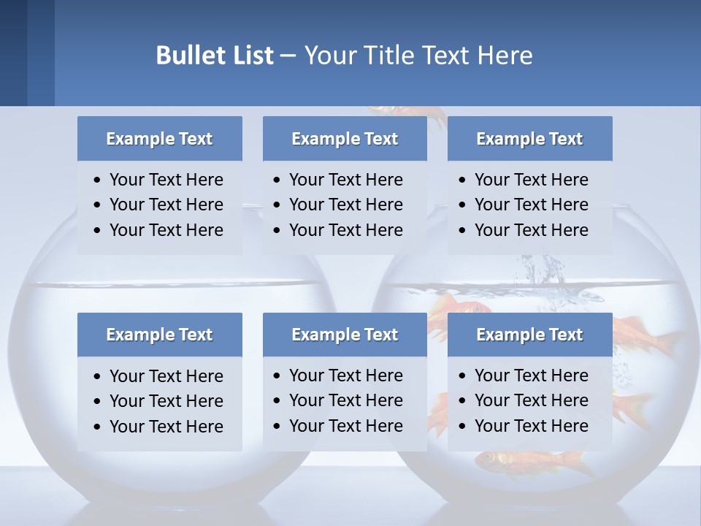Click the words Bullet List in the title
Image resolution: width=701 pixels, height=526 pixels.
(215, 55)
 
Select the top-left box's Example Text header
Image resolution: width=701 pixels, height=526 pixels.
(159, 139)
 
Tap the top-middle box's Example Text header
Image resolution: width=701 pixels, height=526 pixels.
(345, 139)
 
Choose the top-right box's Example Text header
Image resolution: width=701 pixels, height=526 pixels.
(529, 139)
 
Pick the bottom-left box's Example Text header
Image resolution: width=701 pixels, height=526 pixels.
(159, 335)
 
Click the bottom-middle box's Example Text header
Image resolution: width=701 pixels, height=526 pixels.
(345, 335)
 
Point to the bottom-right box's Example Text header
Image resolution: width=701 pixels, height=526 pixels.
(529, 335)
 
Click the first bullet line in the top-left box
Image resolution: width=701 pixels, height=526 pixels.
(166, 180)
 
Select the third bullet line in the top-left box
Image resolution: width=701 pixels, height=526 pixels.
(166, 230)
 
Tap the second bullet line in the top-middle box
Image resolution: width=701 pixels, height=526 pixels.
(345, 205)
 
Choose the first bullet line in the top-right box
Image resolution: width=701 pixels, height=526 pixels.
(531, 180)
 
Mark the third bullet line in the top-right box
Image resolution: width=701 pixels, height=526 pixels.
(531, 230)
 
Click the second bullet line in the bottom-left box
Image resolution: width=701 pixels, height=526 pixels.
(166, 401)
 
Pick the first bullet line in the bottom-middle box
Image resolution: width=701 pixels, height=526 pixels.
(345, 376)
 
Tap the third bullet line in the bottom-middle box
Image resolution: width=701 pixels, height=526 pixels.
(345, 426)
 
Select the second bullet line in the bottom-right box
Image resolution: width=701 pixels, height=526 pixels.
(531, 400)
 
